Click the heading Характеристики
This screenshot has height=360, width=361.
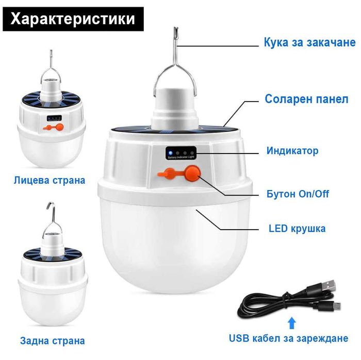(73, 19)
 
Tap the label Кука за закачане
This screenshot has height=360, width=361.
(309, 42)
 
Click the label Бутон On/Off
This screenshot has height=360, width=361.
(298, 194)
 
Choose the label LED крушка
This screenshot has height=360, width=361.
(297, 228)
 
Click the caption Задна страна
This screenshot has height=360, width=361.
(52, 340)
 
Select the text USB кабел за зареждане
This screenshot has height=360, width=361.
(288, 338)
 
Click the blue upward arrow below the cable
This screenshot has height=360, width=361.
(291, 322)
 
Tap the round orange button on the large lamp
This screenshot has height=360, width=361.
(192, 174)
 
